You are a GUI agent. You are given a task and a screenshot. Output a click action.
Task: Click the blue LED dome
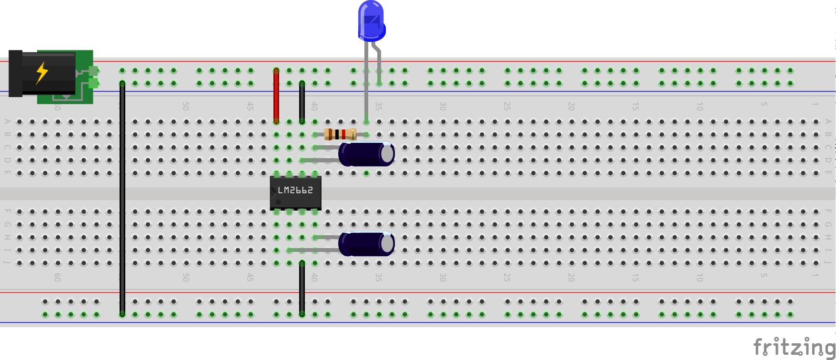371,20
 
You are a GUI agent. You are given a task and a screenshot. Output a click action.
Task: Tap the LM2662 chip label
295,190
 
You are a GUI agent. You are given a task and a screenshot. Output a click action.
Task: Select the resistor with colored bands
340,134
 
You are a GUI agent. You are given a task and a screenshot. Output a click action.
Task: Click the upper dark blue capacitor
362,154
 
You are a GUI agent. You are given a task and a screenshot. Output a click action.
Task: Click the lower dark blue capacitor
362,243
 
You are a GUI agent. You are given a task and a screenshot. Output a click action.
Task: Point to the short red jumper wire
276,95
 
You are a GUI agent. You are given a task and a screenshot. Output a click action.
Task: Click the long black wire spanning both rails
122,198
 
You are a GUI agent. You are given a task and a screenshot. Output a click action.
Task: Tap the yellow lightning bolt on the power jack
42,73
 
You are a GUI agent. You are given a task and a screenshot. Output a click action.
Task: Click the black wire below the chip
302,288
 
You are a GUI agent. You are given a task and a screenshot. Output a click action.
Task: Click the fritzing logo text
793,347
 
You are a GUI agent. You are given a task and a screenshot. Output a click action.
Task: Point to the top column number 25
507,106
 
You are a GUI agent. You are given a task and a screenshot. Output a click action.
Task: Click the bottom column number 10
700,277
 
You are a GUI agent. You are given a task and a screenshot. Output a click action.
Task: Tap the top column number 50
186,106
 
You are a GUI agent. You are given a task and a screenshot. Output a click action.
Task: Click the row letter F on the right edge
828,211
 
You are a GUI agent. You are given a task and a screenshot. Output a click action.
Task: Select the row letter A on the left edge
7,121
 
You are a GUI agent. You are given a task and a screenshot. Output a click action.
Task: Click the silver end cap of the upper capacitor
387,153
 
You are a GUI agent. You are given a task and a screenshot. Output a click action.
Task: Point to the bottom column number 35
379,277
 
